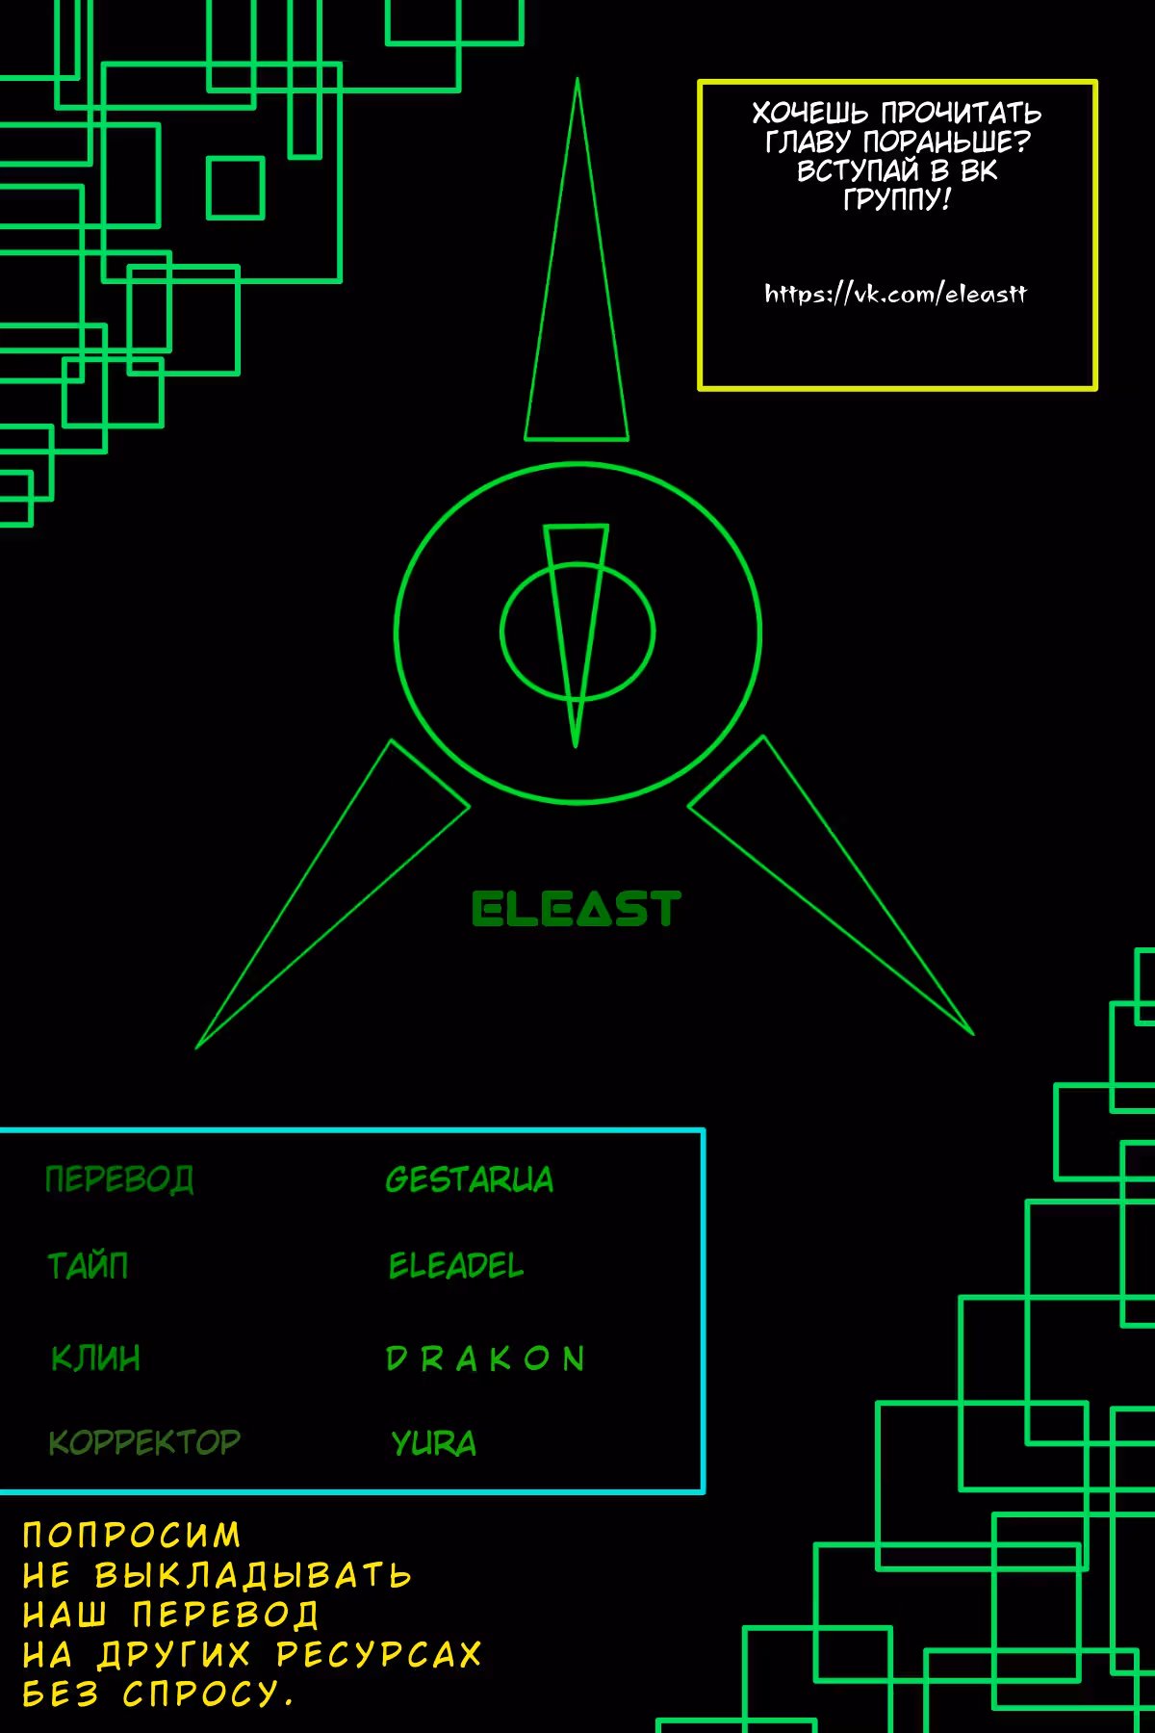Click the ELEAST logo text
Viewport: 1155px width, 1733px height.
[x=577, y=909]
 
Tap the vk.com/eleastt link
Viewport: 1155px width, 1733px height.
[x=895, y=293]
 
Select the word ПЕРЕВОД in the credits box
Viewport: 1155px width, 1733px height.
[x=119, y=1179]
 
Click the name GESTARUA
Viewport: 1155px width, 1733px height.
[x=470, y=1179]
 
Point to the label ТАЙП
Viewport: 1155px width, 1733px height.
[x=88, y=1264]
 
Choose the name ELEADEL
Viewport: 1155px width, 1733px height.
[x=456, y=1265]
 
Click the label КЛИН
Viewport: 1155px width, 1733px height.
[x=95, y=1358]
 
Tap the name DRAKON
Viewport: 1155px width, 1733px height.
[x=485, y=1358]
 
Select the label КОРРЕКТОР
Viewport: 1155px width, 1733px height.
[x=144, y=1442]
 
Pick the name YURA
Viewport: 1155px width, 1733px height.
[x=433, y=1443]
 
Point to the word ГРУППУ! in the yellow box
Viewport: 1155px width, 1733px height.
[x=897, y=199]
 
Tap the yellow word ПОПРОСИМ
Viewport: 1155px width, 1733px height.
[x=132, y=1535]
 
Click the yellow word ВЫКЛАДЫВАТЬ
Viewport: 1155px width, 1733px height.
[x=253, y=1575]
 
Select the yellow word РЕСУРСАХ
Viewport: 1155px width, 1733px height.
[x=378, y=1654]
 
